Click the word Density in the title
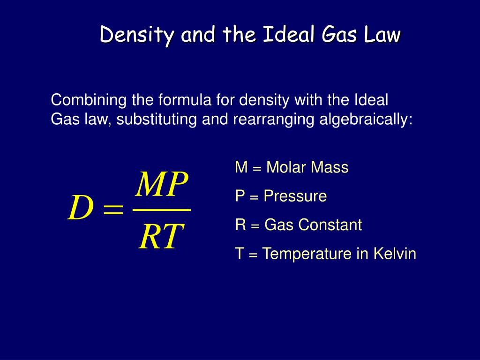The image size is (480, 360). (x=136, y=35)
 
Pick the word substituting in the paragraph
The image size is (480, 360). (x=157, y=119)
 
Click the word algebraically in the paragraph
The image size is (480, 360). (x=366, y=119)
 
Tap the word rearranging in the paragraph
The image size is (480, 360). (x=273, y=120)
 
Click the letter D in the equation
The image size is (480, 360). (x=81, y=208)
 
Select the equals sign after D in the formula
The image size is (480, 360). (x=113, y=210)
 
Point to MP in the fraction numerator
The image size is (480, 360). (x=161, y=184)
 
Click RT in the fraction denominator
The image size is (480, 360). (x=161, y=236)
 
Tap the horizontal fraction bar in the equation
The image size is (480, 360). (x=162, y=210)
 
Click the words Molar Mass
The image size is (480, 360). (x=307, y=167)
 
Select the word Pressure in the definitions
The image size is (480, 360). (x=295, y=196)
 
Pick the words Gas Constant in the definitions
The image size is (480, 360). (x=313, y=225)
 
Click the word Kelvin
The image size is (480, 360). (x=395, y=254)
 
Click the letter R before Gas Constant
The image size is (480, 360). (x=240, y=225)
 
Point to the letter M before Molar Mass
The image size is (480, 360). (x=241, y=167)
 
